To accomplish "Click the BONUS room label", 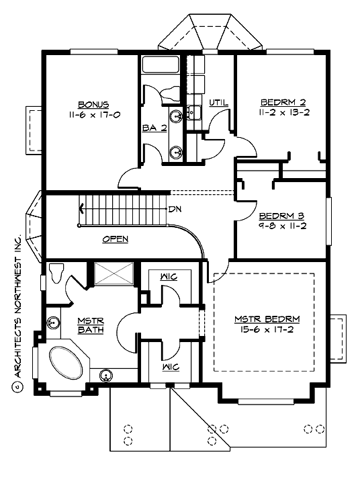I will (93, 104).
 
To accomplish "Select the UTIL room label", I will (218, 103).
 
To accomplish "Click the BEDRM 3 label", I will (281, 216).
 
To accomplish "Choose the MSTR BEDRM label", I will (267, 319).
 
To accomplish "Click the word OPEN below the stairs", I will (115, 239).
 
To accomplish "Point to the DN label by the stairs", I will (175, 209).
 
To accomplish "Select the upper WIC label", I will (169, 276).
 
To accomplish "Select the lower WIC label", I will (169, 369).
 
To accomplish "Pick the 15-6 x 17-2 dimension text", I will (267, 331).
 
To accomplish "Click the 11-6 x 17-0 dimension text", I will (93, 114).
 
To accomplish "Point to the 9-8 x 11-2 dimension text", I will (282, 226).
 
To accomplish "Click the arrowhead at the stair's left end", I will (81, 208).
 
